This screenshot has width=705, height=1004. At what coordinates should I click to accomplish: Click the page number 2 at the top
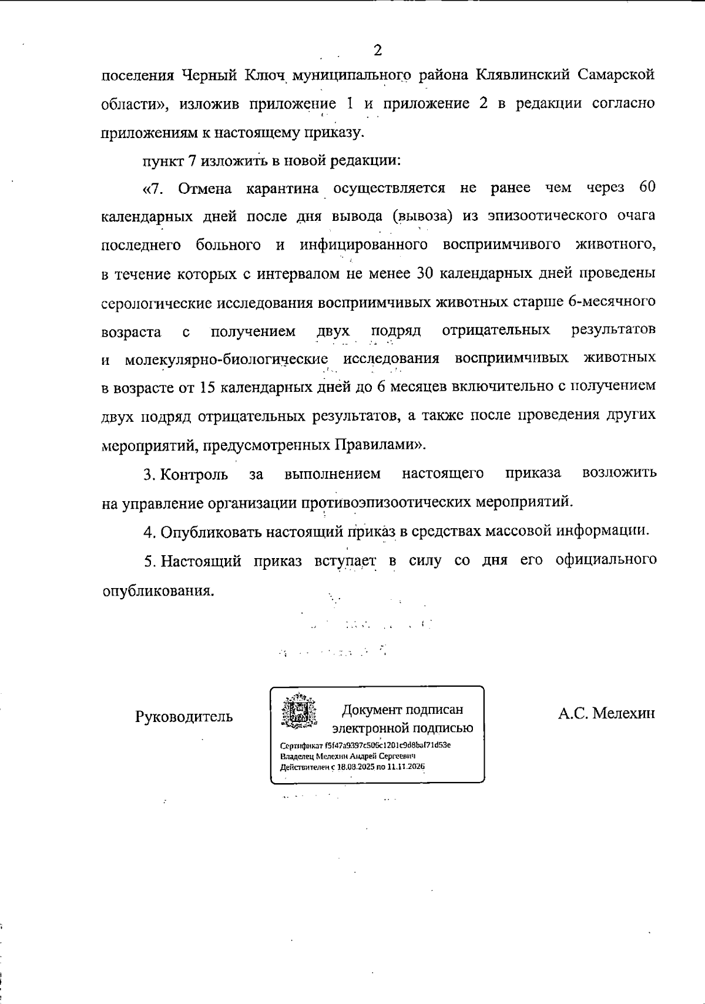pyautogui.click(x=378, y=51)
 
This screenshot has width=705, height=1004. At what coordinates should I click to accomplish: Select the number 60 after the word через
pyautogui.click(x=646, y=188)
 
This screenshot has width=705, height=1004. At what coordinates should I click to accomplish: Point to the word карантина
pyautogui.click(x=283, y=189)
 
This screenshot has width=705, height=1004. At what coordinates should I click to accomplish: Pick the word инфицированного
pyautogui.click(x=363, y=245)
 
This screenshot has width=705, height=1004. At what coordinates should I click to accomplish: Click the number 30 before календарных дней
pyautogui.click(x=425, y=273)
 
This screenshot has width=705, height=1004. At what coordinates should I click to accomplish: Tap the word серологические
pyautogui.click(x=157, y=303)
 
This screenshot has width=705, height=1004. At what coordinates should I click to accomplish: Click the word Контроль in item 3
pyautogui.click(x=194, y=474)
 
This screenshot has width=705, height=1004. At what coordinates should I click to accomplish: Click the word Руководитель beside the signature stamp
pyautogui.click(x=184, y=716)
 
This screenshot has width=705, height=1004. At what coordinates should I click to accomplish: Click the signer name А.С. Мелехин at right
pyautogui.click(x=606, y=713)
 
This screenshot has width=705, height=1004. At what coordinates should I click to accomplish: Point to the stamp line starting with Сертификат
pyautogui.click(x=365, y=745)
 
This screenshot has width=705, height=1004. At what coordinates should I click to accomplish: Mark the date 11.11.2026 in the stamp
pyautogui.click(x=403, y=767)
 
